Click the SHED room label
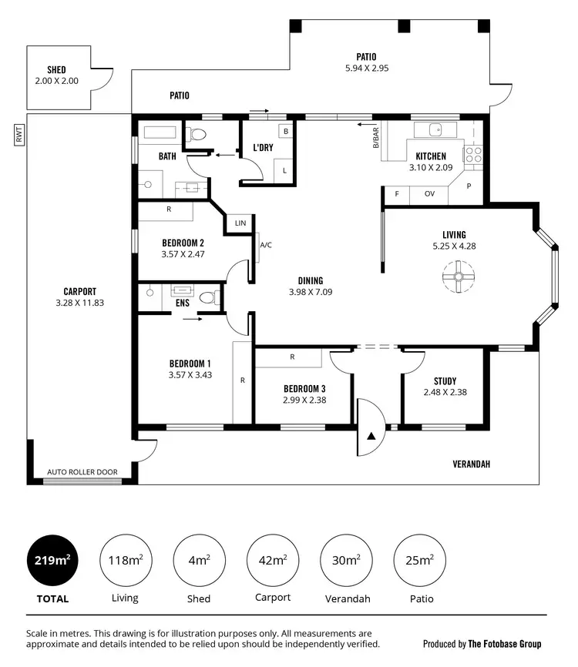(x=55, y=69)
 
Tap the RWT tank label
(x=18, y=136)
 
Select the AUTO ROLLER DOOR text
(x=82, y=472)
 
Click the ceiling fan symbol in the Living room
(x=457, y=276)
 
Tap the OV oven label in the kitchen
(x=429, y=194)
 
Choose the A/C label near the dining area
(x=266, y=245)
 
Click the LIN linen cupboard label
(x=240, y=223)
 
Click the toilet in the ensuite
(x=207, y=297)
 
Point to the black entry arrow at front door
(x=371, y=436)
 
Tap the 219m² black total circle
(x=52, y=559)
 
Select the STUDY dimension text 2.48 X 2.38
(x=445, y=392)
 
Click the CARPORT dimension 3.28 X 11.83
(x=79, y=303)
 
